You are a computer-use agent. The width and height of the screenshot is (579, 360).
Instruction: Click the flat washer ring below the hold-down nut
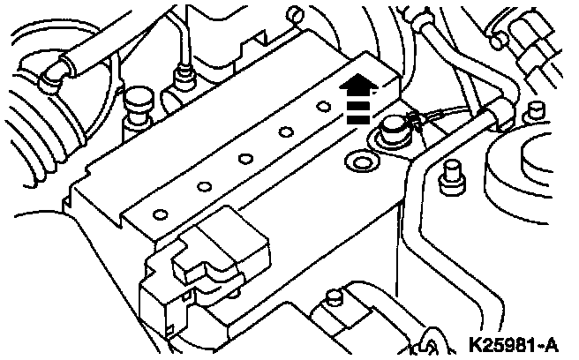[x=360, y=161]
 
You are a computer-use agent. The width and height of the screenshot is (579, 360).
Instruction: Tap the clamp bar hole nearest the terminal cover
[x=161, y=213]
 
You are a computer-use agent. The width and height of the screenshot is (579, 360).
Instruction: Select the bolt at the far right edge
[x=531, y=112]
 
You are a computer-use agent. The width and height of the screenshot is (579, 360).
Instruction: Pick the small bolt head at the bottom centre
[x=333, y=296]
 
